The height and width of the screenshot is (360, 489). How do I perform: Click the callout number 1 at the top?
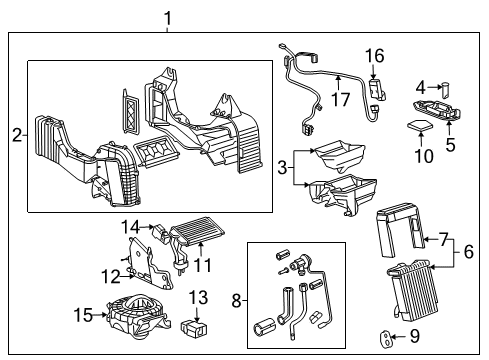pyautogui.click(x=168, y=17)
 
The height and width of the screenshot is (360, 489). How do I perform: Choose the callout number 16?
pyautogui.click(x=467, y=254)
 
